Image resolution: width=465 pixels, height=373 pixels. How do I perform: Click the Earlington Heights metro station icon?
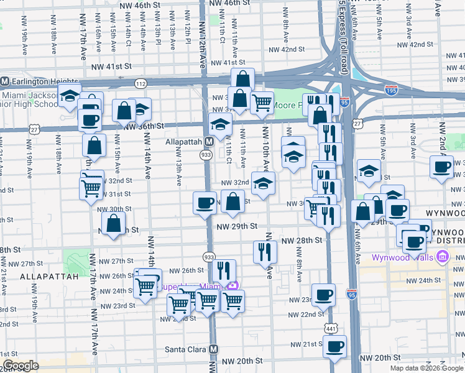(x=4, y=81)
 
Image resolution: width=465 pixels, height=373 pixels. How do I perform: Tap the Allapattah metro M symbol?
(x=209, y=142)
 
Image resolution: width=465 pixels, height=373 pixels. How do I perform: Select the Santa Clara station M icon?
(x=213, y=349)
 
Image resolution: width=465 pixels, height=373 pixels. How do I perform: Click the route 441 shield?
(x=328, y=326)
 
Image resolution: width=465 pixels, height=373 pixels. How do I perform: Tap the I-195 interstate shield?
(x=390, y=90)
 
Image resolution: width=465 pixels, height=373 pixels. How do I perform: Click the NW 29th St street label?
(x=237, y=228)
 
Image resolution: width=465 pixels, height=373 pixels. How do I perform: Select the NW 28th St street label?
(x=302, y=240)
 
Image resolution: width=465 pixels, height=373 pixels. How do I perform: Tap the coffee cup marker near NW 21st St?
(x=334, y=346)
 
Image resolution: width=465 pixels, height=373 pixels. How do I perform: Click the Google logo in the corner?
(x=21, y=366)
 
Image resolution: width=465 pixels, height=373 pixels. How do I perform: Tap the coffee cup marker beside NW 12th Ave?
(x=205, y=203)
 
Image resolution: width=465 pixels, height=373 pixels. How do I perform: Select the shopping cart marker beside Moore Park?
(x=262, y=103)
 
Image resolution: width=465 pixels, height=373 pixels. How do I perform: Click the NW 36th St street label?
(x=144, y=126)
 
